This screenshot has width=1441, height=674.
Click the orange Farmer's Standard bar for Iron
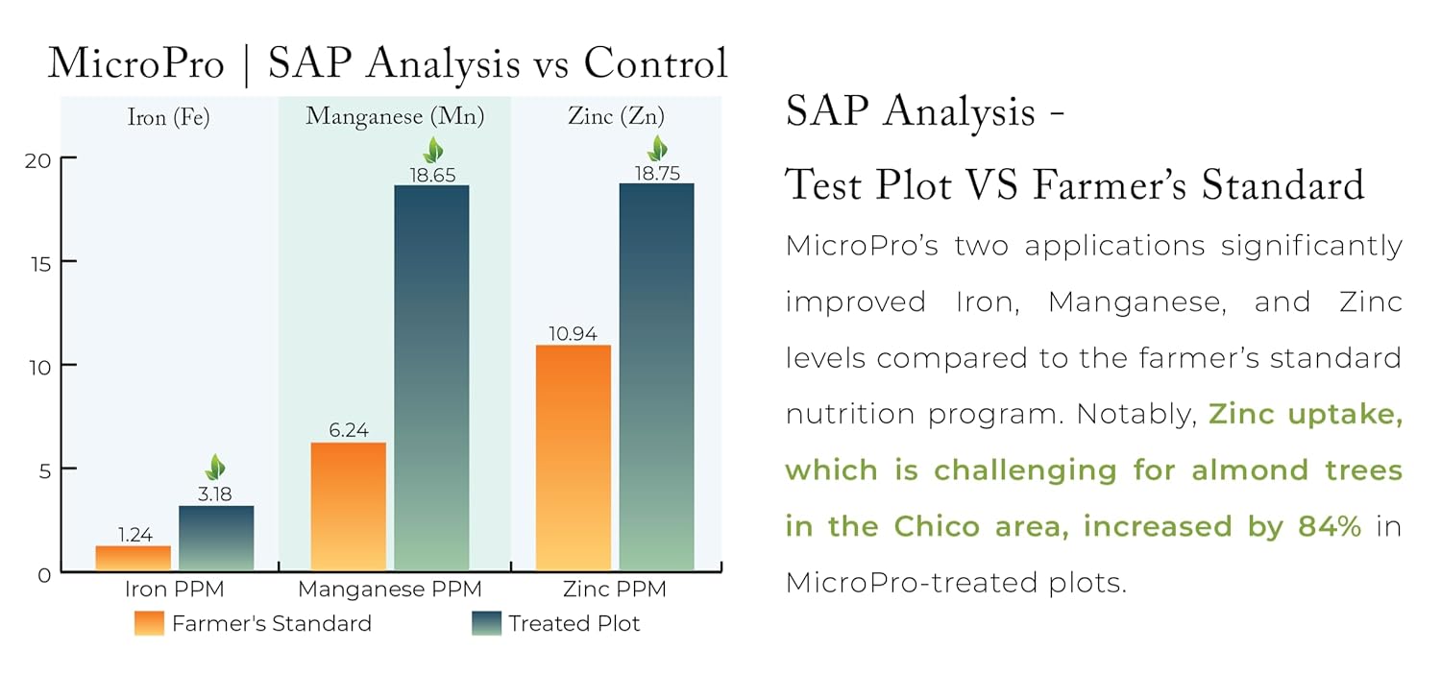coord(134,558)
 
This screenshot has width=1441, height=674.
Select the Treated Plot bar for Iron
coord(216,538)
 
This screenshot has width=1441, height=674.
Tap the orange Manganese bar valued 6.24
coord(349,506)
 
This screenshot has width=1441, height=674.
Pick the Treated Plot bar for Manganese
coord(431,378)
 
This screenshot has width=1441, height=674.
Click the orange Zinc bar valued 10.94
coord(574,458)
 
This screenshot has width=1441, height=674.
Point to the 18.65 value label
coord(432,175)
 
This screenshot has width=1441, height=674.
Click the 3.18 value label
coord(216,495)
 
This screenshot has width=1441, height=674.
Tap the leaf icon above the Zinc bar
coord(657,149)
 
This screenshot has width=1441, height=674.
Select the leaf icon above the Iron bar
coord(216,469)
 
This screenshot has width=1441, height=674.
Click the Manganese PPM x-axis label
coord(390,589)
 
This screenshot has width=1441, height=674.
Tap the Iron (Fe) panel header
coord(168,117)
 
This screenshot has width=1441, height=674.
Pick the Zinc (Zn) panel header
coord(616,117)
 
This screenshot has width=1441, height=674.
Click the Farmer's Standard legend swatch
coord(151,623)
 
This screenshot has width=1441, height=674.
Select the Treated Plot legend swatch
coord(487,623)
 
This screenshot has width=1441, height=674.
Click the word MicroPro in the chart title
coord(135,63)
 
